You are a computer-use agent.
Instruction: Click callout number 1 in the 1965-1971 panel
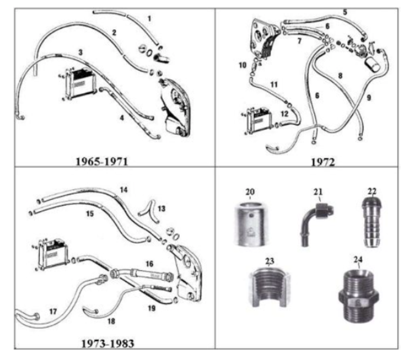click(x=149, y=19)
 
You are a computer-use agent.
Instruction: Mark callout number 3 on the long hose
click(x=81, y=52)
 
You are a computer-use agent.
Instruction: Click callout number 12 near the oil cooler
click(x=284, y=114)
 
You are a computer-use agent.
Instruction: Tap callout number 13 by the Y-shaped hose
click(x=161, y=208)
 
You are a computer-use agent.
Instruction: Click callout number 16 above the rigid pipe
click(x=149, y=263)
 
